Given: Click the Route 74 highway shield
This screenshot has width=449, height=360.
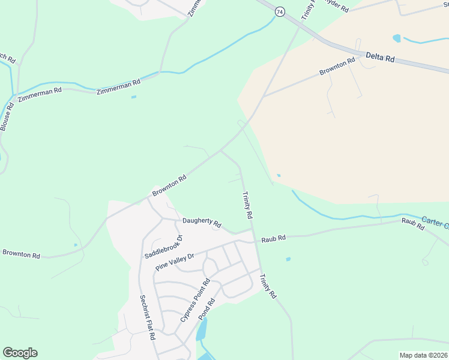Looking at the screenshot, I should pyautogui.click(x=280, y=11).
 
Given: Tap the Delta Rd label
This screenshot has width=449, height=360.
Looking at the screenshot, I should pyautogui.click(x=381, y=58).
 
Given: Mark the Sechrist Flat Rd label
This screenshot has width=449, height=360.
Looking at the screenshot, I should pyautogui.click(x=148, y=317).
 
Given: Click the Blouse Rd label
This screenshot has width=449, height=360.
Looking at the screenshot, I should pyautogui.click(x=7, y=116).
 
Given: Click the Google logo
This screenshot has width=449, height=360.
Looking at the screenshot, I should pyautogui.click(x=20, y=353).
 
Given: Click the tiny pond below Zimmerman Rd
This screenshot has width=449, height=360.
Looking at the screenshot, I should pyautogui.click(x=133, y=97).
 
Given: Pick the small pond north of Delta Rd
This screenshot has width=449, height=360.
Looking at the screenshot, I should pyautogui.click(x=396, y=38).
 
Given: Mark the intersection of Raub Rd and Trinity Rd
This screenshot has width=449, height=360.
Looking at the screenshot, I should pyautogui.click(x=254, y=240).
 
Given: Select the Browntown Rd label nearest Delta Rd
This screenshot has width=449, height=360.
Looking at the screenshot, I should pyautogui.click(x=337, y=67).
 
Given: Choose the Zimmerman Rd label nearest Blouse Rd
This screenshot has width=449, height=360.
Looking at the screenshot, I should pyautogui.click(x=40, y=94).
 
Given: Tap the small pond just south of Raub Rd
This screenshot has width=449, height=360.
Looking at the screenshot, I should pyautogui.click(x=288, y=259).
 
